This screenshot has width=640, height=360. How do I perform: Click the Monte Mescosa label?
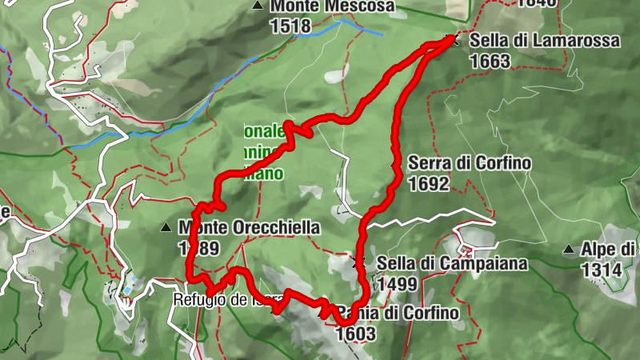click(x=332, y=7)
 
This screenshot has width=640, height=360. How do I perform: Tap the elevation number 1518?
click(x=290, y=26)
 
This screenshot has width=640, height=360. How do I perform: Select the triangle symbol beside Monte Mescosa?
click(x=258, y=6)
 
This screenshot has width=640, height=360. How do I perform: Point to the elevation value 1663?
click(x=490, y=60)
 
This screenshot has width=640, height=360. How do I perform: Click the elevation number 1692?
click(x=427, y=184)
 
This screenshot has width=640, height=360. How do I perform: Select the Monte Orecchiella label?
click(x=250, y=228)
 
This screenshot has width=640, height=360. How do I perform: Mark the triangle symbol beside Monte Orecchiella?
click(x=166, y=228)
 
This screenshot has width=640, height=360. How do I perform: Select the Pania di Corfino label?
click(x=400, y=313)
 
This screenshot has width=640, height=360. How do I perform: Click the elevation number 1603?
click(x=357, y=333)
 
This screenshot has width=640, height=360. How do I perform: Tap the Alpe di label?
click(x=609, y=250)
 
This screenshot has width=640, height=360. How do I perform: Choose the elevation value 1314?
click(x=602, y=270)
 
